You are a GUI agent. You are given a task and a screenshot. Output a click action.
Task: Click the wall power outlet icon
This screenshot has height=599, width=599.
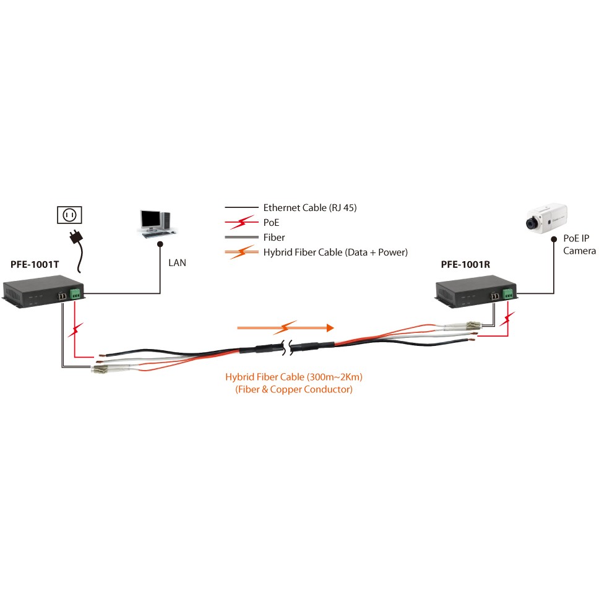point(70,215)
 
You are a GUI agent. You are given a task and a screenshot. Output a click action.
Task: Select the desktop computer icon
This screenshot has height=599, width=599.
point(155,223)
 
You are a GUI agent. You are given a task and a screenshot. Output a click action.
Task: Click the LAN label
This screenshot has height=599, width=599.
point(177,263)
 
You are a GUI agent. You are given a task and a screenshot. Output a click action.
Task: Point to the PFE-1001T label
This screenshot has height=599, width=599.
point(35,264)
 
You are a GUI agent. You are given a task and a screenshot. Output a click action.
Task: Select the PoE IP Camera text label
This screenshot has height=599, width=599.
point(579,244)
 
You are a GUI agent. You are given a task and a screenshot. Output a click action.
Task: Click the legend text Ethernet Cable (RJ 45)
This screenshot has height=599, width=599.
point(309,208)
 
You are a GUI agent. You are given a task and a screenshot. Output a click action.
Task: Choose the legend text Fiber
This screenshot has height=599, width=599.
point(274,237)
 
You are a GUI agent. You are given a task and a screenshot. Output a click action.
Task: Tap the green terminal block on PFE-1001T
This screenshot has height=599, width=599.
point(76,293)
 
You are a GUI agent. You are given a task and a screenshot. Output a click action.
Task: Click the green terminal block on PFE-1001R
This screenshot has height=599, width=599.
point(508,293)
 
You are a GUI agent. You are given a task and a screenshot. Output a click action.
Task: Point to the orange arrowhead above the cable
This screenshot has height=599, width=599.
point(330,327)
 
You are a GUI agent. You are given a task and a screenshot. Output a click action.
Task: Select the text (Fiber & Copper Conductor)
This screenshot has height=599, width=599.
point(294,390)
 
